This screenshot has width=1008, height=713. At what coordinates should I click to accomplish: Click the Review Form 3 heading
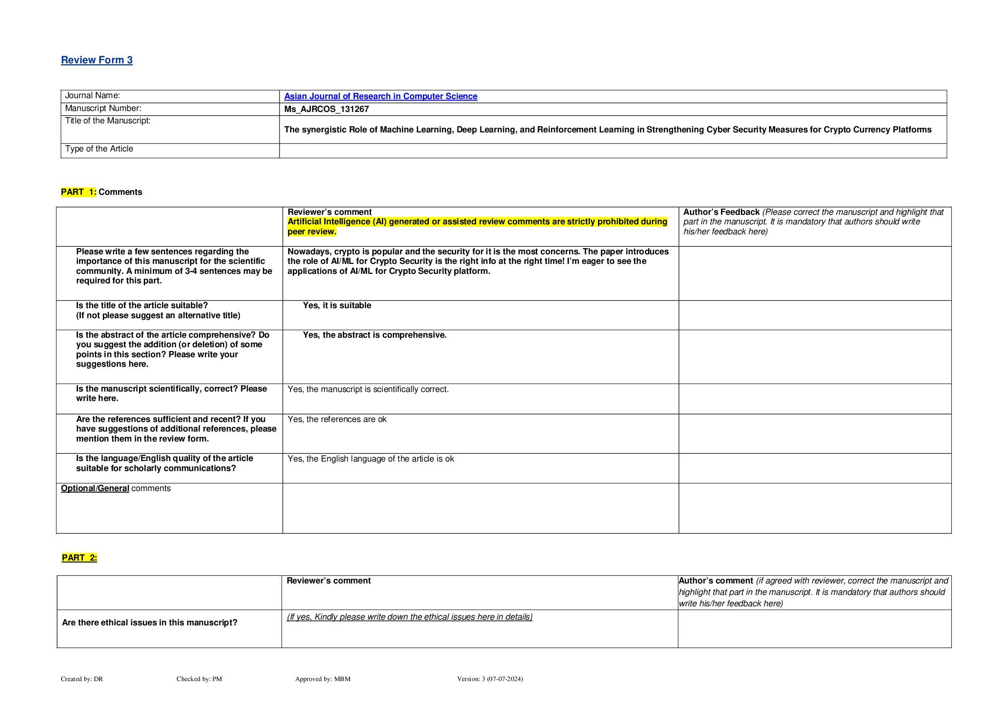pos(97,60)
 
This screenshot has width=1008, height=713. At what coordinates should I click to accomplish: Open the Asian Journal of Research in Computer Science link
pos(380,96)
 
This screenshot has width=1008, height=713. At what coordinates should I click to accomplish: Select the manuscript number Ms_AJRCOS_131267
pos(326,109)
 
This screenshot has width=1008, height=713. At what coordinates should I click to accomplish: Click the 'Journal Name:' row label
pos(92,96)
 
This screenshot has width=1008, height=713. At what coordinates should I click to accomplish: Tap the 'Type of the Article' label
pos(99,149)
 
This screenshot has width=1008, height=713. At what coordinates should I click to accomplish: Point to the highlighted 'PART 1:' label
pos(79,192)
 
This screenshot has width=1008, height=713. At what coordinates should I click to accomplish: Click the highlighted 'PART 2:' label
pos(80,558)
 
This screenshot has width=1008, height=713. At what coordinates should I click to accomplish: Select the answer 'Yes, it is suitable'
pos(337,306)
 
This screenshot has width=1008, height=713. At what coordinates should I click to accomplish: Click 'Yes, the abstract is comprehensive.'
pos(374,335)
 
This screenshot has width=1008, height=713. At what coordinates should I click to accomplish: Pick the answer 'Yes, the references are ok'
pos(337,420)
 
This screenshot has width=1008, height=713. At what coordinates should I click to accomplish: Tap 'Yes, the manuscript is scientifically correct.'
pos(368,390)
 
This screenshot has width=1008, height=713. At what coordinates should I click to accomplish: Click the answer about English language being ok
pos(370,459)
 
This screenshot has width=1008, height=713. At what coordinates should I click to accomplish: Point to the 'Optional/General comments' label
pos(116,489)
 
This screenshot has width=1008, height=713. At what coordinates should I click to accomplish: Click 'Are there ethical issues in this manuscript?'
pos(150,623)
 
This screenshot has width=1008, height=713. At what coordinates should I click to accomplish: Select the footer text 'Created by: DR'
pos(82,679)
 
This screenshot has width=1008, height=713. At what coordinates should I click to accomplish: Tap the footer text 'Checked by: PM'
pos(199,679)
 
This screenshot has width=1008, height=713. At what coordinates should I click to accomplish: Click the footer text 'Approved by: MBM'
pos(322,679)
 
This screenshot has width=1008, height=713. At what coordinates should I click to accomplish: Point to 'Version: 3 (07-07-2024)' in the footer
pos(489,679)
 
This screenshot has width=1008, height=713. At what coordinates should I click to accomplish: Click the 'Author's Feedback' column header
pos(721,212)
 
